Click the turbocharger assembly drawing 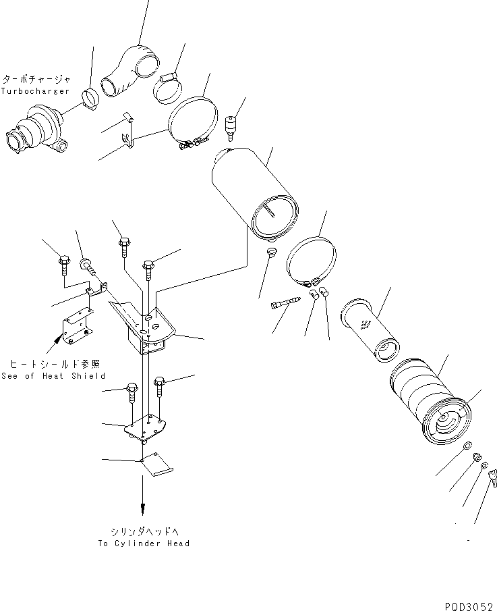[36, 133]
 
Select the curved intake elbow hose [131, 70]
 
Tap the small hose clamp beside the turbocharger [89, 98]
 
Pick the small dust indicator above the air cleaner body [233, 125]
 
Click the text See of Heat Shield [53, 376]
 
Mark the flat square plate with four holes [145, 428]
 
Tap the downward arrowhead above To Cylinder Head [142, 508]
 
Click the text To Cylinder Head [143, 543]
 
